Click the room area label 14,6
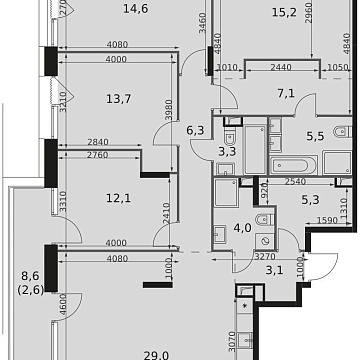(105, 11)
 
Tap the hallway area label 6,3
(194, 128)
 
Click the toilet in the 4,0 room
(263, 222)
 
